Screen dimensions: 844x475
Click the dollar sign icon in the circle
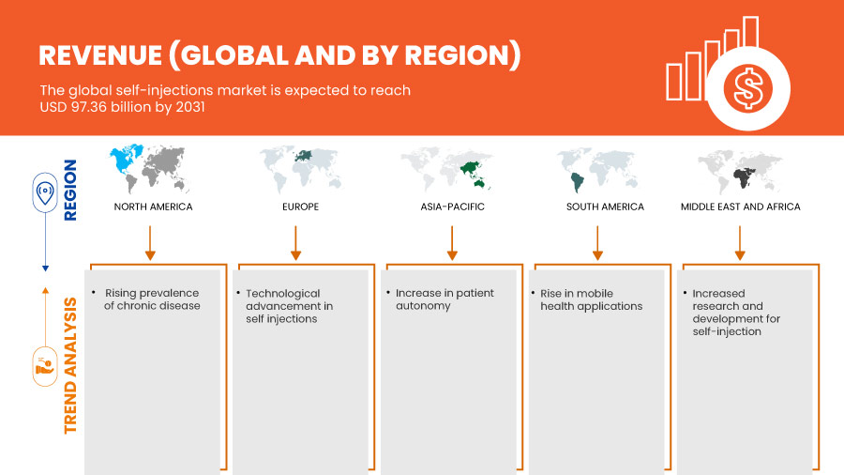(747, 89)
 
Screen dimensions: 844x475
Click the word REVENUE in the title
(100, 55)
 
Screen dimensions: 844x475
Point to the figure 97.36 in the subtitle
(89, 107)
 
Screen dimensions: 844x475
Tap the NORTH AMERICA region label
(153, 207)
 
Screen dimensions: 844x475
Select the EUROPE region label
(300, 207)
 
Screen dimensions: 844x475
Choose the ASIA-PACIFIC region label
(452, 207)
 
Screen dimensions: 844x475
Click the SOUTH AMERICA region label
(605, 207)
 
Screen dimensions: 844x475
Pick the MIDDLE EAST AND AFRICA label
(740, 207)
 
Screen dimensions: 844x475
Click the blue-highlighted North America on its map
(125, 159)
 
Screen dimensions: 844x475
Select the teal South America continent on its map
(577, 182)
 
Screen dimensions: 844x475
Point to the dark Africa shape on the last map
(744, 177)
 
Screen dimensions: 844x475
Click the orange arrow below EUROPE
(295, 243)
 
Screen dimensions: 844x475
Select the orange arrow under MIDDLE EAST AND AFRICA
(740, 243)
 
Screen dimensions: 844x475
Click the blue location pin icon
(45, 192)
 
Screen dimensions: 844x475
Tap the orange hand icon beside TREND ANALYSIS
(45, 367)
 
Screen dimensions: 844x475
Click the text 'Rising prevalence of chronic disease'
(152, 299)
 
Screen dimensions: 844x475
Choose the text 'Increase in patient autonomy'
(445, 299)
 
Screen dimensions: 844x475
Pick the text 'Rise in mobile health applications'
(591, 300)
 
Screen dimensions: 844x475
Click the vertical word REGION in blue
(70, 191)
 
